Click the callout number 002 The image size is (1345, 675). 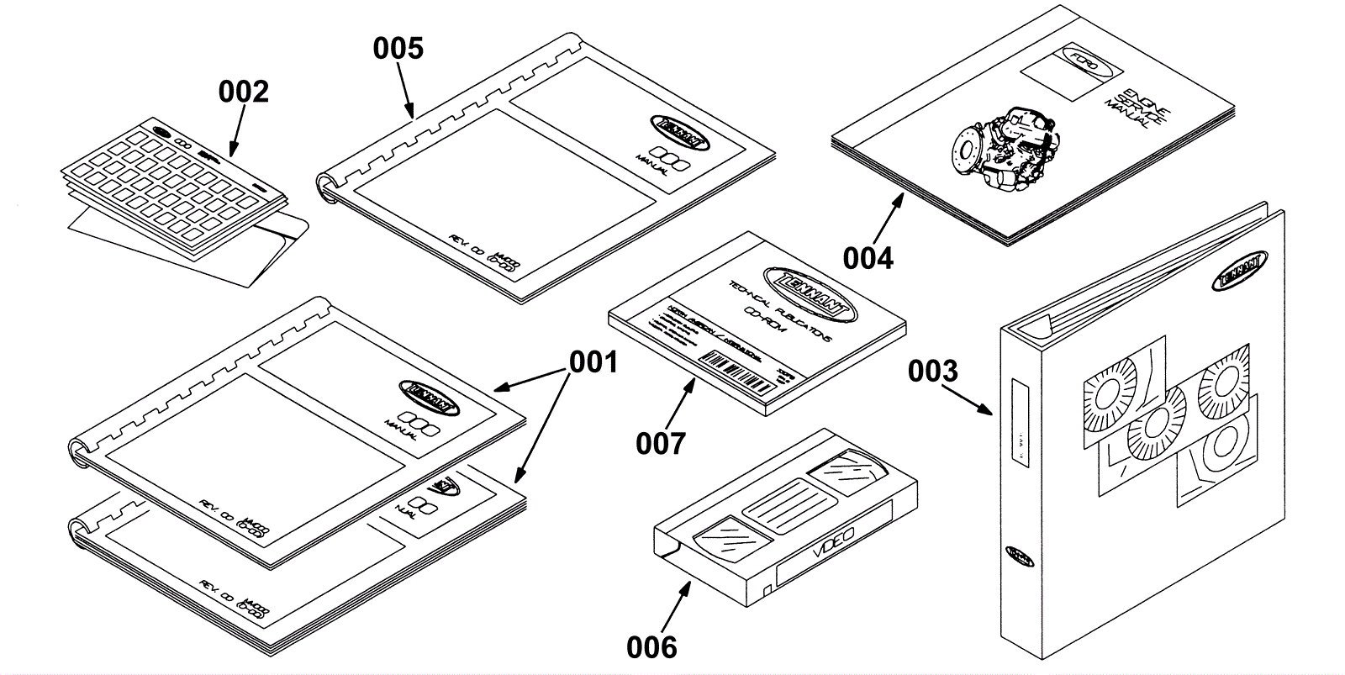244,92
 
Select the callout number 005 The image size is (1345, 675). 398,48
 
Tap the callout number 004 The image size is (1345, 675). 868,258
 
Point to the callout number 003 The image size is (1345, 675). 932,371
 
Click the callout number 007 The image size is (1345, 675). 661,443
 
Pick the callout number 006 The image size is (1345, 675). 651,646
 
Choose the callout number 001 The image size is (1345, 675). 593,362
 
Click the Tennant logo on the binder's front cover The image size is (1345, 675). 1240,270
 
